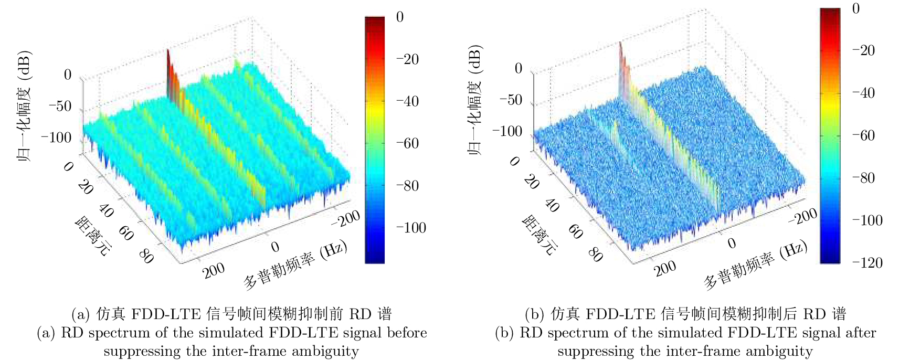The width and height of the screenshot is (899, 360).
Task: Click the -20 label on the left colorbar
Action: pyautogui.click(x=407, y=59)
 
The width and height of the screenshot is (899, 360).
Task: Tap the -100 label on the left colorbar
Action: pyautogui.click(x=410, y=228)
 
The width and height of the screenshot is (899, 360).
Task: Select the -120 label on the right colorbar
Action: pyautogui.click(x=866, y=262)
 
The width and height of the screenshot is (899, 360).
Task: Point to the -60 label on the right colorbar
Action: pyautogui.click(x=863, y=135)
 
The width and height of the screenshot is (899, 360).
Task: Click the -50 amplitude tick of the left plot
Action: pyautogui.click(x=59, y=107)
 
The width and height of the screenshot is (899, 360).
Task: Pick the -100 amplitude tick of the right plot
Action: pyautogui.click(x=507, y=131)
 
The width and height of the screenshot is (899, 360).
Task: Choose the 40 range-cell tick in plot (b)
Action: pyautogui.click(x=552, y=205)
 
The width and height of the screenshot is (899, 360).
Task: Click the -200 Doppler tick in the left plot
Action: pyautogui.click(x=345, y=218)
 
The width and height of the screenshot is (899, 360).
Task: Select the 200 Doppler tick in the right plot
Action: pyautogui.click(x=665, y=268)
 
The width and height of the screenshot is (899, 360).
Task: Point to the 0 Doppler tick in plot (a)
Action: pyautogui.click(x=275, y=247)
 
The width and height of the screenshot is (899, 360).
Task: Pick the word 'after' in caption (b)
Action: pyautogui.click(x=861, y=333)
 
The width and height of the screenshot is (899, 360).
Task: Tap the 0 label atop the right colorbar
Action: pyautogui.click(x=856, y=8)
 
